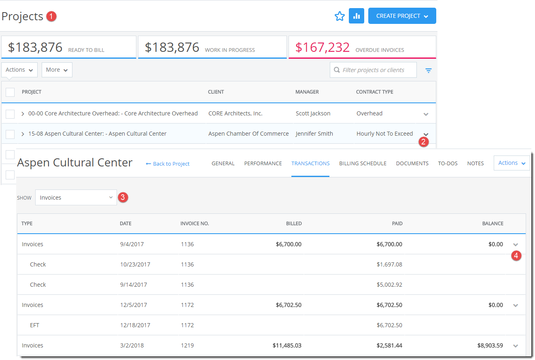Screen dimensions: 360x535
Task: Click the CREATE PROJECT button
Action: [402, 16]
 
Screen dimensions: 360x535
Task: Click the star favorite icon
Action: [340, 16]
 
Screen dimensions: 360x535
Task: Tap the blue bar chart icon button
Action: [357, 16]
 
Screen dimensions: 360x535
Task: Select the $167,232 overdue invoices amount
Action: [322, 47]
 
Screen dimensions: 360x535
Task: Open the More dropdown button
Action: [57, 70]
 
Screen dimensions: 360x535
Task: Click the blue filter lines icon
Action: [429, 70]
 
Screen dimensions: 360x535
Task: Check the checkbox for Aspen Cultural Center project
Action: [10, 134]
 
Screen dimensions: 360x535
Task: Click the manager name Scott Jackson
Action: [313, 113]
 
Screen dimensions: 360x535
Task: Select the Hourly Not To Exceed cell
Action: [384, 134]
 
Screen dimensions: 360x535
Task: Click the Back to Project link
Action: [168, 164]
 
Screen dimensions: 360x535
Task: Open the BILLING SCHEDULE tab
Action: [363, 164]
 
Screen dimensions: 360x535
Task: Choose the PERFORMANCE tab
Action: [263, 164]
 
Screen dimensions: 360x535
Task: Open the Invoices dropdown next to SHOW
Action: [76, 198]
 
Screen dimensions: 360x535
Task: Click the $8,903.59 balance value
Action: [490, 345]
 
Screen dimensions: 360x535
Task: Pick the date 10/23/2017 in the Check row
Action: [135, 264]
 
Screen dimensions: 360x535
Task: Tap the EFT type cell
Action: [35, 325]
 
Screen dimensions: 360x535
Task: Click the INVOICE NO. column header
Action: [195, 224]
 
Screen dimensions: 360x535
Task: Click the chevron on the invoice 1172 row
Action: [516, 305]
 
